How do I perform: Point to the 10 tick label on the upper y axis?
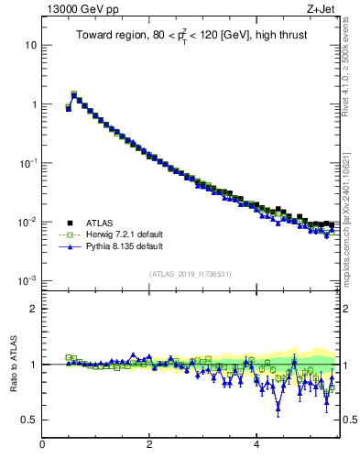[30, 46]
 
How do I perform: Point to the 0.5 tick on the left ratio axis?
[28, 420]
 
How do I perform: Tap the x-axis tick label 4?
[256, 446]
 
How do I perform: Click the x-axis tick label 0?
[42, 446]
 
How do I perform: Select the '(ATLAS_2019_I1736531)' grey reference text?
[191, 273]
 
